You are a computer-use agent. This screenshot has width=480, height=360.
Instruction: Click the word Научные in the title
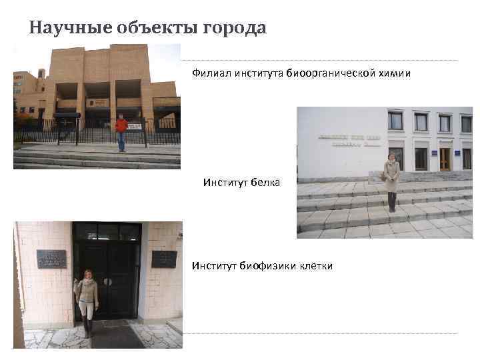click(63, 28)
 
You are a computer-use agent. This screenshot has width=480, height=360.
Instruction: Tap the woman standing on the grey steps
click(391, 180)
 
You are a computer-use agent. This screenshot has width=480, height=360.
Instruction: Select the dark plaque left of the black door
click(51, 259)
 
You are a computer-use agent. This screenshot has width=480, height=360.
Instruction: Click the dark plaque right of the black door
click(163, 259)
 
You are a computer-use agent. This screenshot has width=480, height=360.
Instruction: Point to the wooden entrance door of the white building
click(445, 159)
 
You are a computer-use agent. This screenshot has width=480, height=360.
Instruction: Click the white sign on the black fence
click(135, 125)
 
